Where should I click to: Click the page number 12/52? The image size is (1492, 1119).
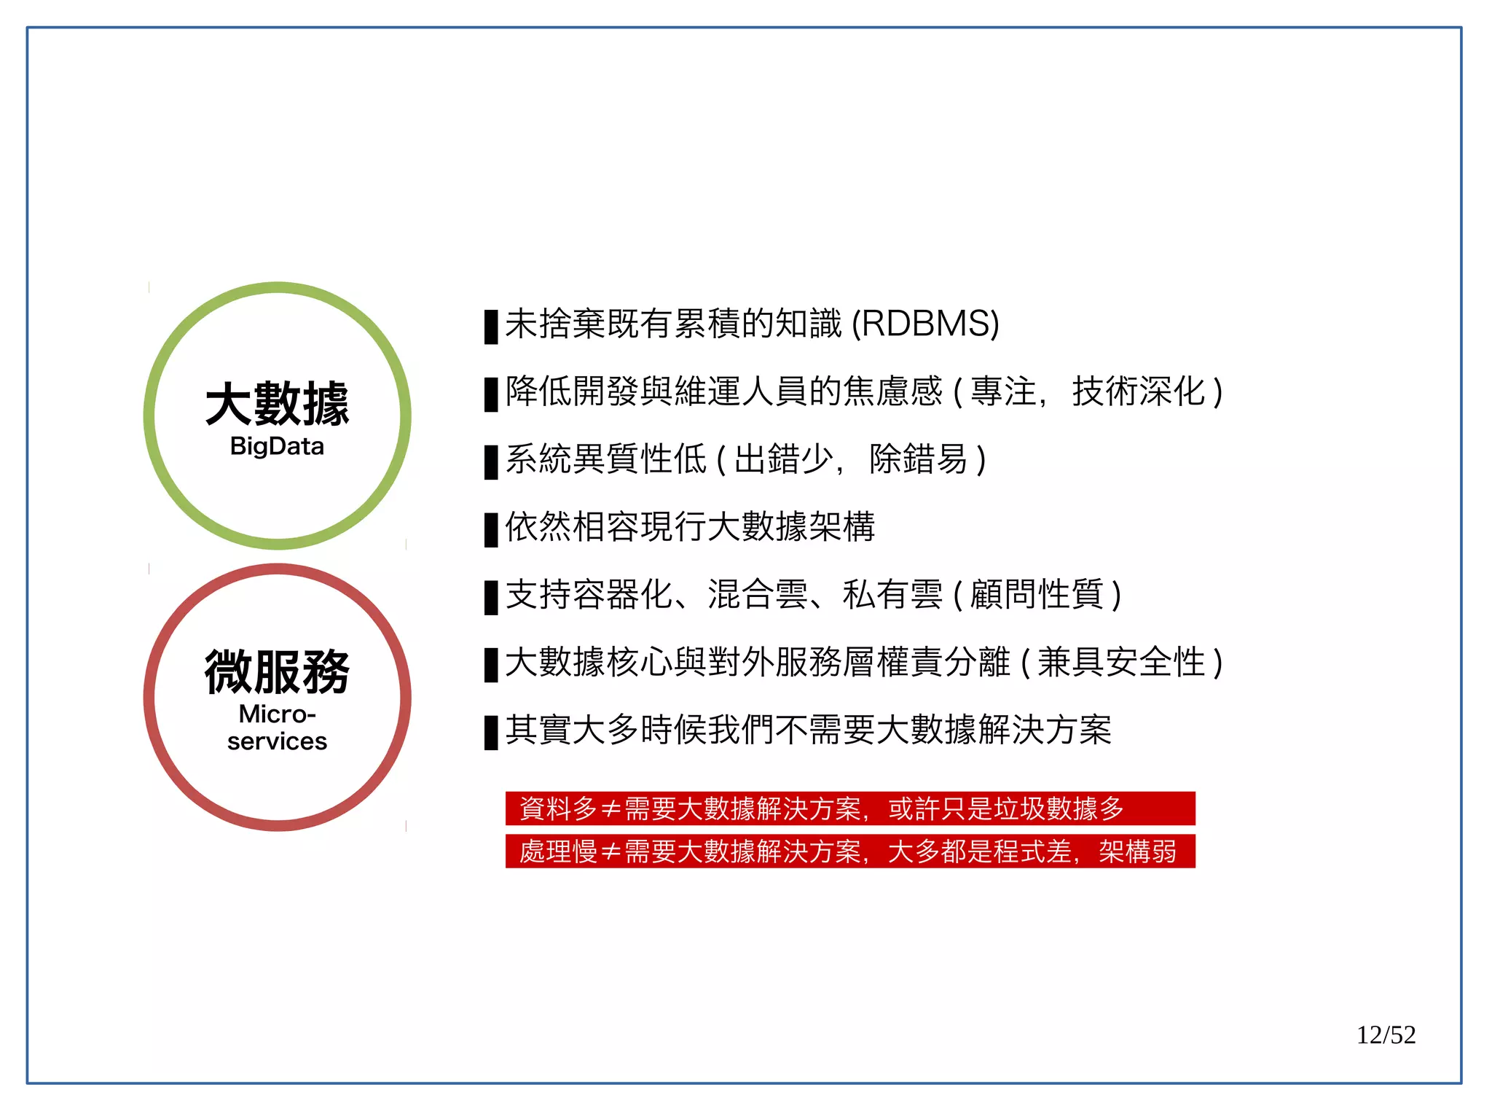[x=1385, y=1035]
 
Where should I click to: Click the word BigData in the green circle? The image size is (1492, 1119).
[x=277, y=446]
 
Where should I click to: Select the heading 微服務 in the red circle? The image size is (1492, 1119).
[x=277, y=671]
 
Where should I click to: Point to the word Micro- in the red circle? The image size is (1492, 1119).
[x=277, y=714]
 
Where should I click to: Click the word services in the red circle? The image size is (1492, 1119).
[x=277, y=741]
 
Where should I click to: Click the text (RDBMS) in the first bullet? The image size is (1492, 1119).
[x=925, y=324]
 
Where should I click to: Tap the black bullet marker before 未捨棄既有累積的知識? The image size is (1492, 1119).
[x=491, y=326]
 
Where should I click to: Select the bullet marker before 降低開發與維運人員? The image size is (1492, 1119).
[x=491, y=394]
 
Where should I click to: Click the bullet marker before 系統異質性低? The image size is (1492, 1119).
[x=491, y=461]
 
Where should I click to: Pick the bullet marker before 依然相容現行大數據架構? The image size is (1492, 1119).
[x=491, y=529]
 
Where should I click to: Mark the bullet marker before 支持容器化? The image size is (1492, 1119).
[x=491, y=597]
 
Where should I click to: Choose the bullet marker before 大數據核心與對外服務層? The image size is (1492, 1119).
[x=491, y=665]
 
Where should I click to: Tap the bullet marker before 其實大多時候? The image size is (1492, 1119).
[x=491, y=732]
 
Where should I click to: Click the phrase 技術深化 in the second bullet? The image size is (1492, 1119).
[x=1138, y=391]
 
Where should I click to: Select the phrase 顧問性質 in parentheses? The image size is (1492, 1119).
[x=1037, y=594]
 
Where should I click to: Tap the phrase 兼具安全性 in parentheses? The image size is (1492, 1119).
[x=1121, y=662]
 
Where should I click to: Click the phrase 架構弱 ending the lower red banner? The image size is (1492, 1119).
[x=1137, y=851]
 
